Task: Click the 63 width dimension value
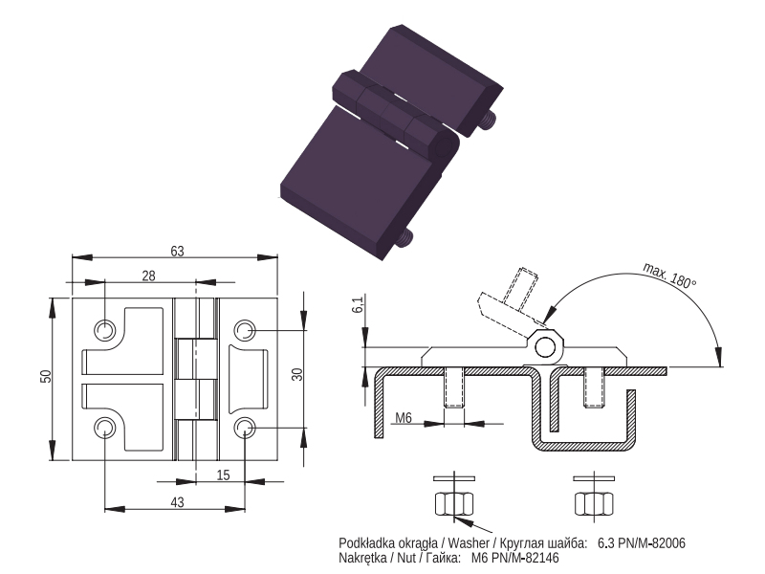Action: [177, 251]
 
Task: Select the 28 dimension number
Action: [148, 276]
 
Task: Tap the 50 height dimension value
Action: [45, 376]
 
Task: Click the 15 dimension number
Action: [223, 475]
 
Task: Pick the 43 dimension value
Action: [177, 502]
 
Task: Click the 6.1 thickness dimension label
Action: [358, 304]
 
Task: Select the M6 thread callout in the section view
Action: [404, 418]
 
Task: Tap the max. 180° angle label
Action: [669, 276]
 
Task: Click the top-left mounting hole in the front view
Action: [104, 330]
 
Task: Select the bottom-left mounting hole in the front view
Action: [104, 428]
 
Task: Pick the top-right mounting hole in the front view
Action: [245, 330]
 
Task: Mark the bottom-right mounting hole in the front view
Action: [245, 428]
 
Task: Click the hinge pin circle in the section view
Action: [544, 348]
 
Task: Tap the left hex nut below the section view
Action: [453, 504]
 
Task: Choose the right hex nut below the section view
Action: [594, 504]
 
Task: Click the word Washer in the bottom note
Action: [469, 542]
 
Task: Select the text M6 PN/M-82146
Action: [515, 558]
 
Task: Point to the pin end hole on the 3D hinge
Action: [444, 148]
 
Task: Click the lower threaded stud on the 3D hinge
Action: [404, 238]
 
